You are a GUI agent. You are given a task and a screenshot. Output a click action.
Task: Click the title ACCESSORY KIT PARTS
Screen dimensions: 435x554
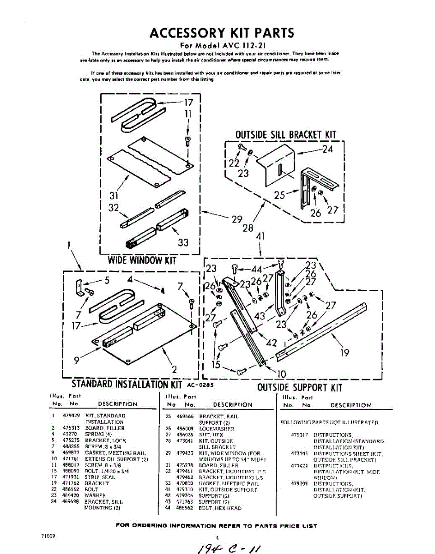(221, 33)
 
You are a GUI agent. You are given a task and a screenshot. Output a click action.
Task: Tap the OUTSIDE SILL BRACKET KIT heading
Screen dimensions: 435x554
(285, 134)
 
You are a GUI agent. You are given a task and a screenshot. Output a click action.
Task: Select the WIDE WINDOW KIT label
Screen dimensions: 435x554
(142, 260)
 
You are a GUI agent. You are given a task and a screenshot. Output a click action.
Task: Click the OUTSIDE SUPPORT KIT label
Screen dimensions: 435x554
(300, 387)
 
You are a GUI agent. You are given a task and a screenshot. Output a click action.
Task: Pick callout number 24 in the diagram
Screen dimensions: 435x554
(327, 149)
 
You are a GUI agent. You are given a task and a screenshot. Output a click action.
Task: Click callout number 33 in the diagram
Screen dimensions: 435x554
(183, 242)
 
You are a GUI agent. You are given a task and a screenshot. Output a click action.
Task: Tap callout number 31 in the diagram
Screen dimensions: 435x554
(115, 195)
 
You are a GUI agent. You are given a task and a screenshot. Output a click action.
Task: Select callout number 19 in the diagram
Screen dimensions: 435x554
(344, 353)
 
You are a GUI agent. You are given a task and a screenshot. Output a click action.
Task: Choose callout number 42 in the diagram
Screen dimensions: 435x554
(272, 343)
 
